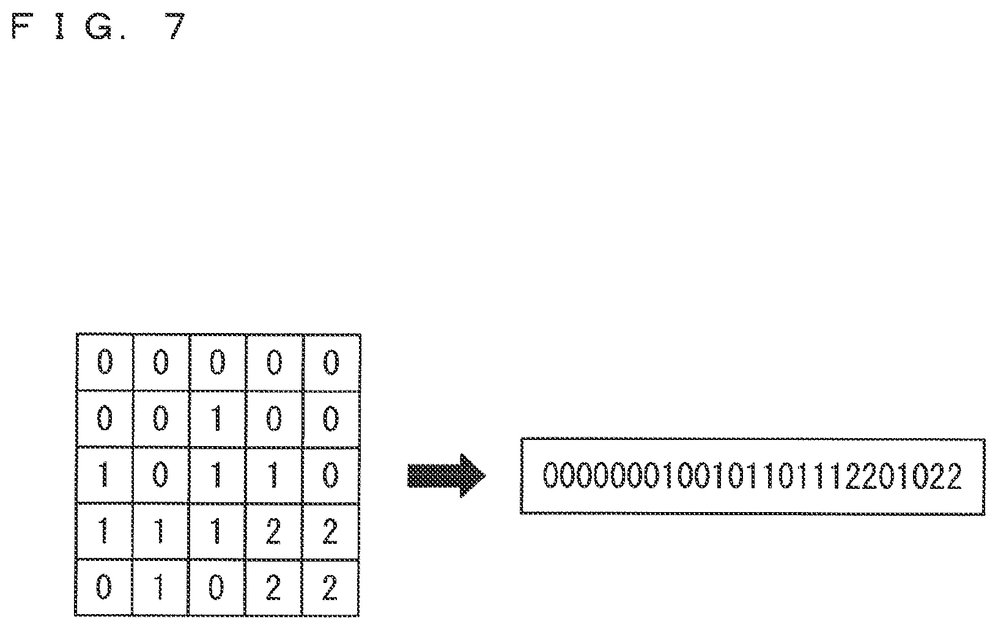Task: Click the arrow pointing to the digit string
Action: (x=446, y=475)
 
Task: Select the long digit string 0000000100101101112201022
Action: (x=752, y=476)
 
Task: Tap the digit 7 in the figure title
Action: (x=177, y=26)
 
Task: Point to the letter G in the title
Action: (x=98, y=26)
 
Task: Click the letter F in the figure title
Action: (x=23, y=26)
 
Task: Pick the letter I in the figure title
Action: (x=60, y=26)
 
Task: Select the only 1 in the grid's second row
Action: (x=217, y=419)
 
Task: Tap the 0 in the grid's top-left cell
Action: (x=105, y=362)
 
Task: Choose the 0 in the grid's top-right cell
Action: (x=331, y=362)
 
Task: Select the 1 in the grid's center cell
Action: (x=217, y=475)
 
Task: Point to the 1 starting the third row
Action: (x=104, y=475)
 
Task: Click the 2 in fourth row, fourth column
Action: (x=273, y=531)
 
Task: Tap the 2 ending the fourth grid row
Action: (x=330, y=531)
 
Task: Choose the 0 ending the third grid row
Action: (x=330, y=475)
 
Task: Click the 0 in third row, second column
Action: (x=160, y=475)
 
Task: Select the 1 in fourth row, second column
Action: (x=160, y=531)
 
